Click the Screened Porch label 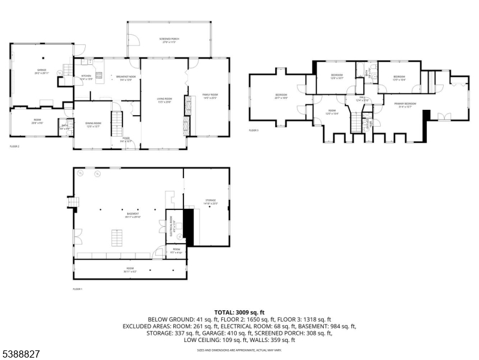(170, 40)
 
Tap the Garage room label (41, 71)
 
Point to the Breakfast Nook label (125, 77)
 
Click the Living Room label (164, 100)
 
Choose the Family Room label (210, 96)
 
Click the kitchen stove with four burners (99, 76)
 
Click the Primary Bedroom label (402, 106)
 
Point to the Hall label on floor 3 (362, 98)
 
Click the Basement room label (132, 214)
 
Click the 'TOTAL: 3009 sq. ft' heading (239, 313)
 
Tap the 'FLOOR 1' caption (77, 289)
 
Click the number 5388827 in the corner (20, 355)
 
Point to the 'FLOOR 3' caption (254, 130)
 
